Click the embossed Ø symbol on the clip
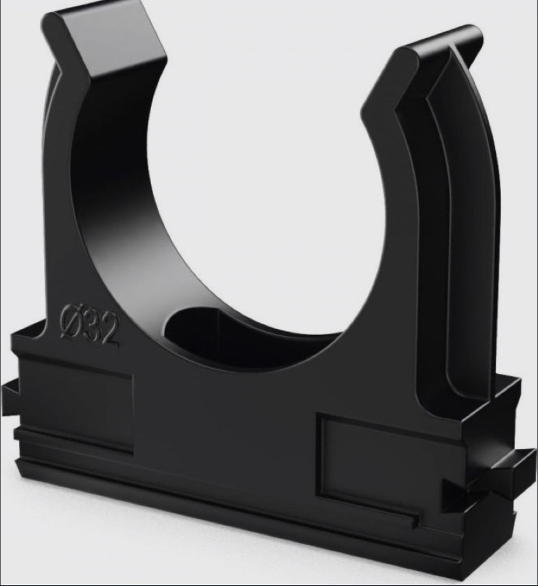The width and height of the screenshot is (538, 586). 71,323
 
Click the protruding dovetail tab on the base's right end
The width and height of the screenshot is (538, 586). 512,467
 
